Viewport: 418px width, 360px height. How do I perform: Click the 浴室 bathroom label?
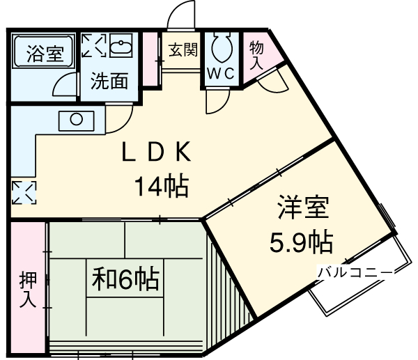[x=45, y=54]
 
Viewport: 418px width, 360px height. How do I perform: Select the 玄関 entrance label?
[x=183, y=49]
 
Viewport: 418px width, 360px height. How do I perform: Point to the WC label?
[x=222, y=72]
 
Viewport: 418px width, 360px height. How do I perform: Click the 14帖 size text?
[x=162, y=186]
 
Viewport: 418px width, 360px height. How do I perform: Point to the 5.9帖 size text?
[x=301, y=242]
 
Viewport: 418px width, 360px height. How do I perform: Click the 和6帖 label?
[x=125, y=279]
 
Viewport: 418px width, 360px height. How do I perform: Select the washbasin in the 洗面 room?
[x=123, y=46]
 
